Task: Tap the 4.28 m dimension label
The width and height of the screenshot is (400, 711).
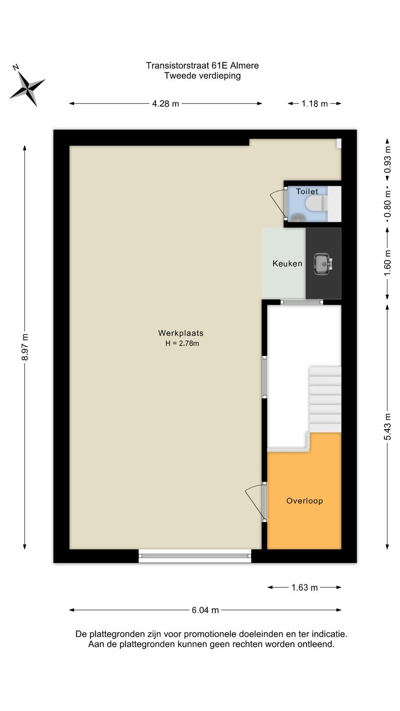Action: coord(165,104)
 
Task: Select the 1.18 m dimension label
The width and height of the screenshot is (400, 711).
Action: coord(314,104)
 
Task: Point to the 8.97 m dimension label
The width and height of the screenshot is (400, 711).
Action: coord(25,347)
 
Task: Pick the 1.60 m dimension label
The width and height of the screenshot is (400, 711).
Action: coord(387,263)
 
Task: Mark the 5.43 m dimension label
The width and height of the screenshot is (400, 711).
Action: coord(387,426)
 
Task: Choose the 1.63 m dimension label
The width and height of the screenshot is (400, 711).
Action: coord(304,587)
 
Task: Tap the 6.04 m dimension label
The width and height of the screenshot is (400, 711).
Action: coord(205,610)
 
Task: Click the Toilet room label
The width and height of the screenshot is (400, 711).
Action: coord(307,192)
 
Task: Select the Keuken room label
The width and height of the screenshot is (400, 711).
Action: coord(287,264)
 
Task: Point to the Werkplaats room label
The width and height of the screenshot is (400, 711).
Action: coord(180,333)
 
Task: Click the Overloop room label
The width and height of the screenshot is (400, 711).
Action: coord(304,501)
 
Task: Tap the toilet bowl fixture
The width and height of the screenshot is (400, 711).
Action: coord(316,203)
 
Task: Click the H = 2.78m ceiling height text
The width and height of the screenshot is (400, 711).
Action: coord(182,343)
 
